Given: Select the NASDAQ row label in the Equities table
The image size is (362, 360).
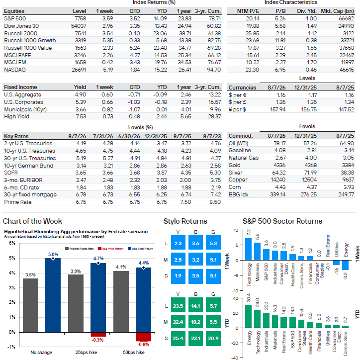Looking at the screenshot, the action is tap(15, 70).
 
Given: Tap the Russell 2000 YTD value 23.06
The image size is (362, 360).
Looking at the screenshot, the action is tap(160, 33).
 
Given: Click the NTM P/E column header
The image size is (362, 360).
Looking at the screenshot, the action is tap(248, 11).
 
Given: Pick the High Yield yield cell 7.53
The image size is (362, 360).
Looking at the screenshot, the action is tap(81, 117).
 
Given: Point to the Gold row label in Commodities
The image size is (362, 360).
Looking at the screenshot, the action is tap(235, 166).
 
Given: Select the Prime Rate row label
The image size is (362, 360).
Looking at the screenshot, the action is tap(18, 202).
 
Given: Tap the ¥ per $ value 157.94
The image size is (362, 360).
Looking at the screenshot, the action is tap(278, 109).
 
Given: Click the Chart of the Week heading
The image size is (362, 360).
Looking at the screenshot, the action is tap(32, 221).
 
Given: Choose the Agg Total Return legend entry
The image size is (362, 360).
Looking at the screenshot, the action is tap(141, 249).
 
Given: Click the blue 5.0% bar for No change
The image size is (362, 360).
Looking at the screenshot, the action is tap(53, 295).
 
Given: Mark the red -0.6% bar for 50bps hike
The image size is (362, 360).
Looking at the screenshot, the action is tap(143, 337).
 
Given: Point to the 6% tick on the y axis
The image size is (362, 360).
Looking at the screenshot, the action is tap(12, 243).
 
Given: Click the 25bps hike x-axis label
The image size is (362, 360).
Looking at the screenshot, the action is tap(86, 353).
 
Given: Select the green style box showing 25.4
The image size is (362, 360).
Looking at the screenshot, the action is tap(178, 339).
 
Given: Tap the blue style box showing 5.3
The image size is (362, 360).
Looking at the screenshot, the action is tap(213, 243).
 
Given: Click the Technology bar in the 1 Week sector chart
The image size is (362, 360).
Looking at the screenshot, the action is tap(248, 249).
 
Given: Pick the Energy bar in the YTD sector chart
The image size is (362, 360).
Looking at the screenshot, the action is tap(248, 316).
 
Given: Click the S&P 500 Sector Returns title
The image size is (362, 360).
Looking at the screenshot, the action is tap(282, 221).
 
